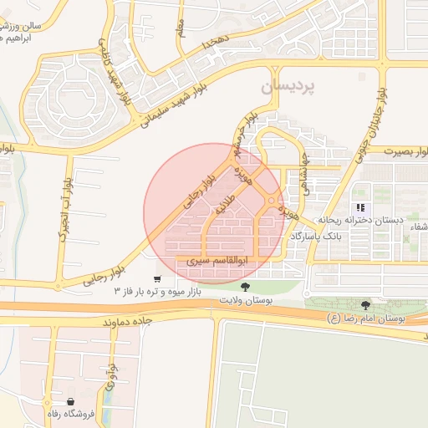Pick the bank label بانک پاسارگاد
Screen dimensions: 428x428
(313, 237)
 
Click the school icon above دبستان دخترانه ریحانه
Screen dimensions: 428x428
(360, 206)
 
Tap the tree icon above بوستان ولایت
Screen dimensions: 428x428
(245, 288)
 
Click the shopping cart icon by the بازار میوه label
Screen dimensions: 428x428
(157, 279)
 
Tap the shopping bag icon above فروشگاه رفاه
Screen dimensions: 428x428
(81, 402)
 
